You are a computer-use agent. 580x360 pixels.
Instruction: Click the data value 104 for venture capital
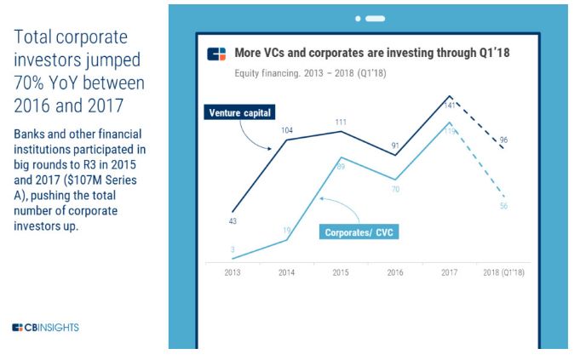[287, 130]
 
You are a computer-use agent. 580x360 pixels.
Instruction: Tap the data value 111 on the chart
[341, 122]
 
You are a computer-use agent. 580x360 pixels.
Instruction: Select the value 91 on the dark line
[395, 146]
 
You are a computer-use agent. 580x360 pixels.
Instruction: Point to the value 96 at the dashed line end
[503, 140]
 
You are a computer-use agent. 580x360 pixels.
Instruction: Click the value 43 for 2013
[233, 222]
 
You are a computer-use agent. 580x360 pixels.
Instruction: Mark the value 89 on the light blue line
[341, 167]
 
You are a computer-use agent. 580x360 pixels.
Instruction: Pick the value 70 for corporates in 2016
[395, 189]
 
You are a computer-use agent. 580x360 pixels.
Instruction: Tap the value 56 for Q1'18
[503, 206]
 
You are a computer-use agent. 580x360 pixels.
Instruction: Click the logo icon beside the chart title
[217, 54]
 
